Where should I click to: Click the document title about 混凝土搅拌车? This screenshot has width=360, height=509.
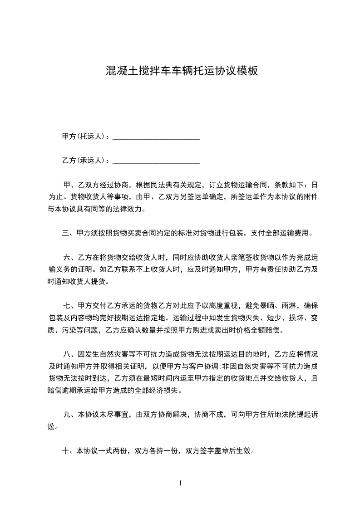(182, 71)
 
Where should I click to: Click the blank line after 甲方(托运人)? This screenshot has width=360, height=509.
(156, 137)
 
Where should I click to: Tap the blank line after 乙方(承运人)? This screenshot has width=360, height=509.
(156, 162)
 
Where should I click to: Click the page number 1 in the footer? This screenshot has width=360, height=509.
(180, 483)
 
